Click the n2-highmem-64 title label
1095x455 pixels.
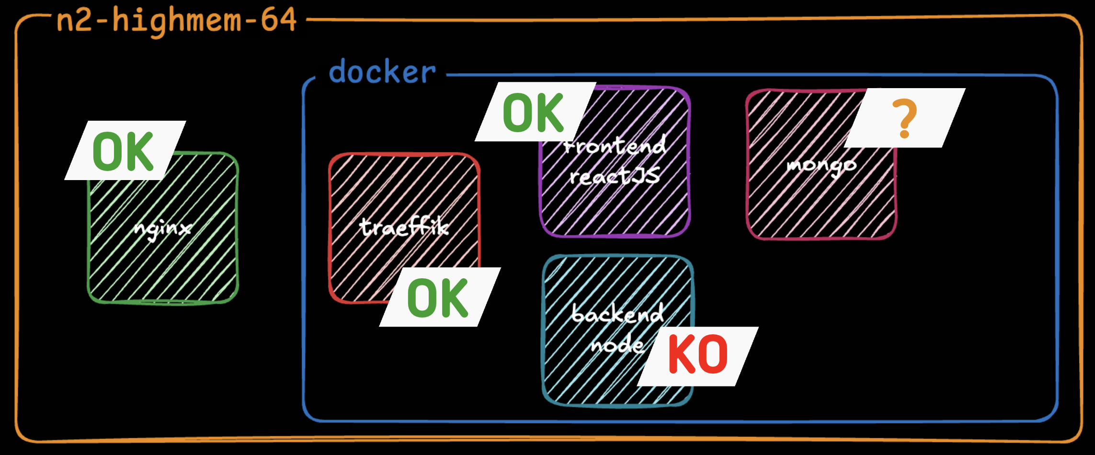click(x=176, y=21)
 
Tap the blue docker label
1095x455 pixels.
click(x=382, y=72)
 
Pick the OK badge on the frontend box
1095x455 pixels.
click(x=534, y=113)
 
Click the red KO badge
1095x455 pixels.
click(x=698, y=355)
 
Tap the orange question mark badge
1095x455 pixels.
click(x=904, y=118)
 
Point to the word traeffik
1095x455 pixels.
click(x=404, y=227)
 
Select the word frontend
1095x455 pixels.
click(x=615, y=145)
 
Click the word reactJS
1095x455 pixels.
click(x=615, y=176)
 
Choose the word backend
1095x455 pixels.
click(x=618, y=314)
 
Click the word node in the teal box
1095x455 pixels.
click(x=617, y=344)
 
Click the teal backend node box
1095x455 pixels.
click(x=599, y=374)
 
